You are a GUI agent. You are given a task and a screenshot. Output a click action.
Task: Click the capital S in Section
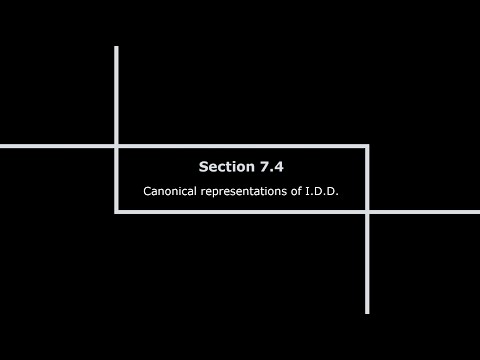pos(202,166)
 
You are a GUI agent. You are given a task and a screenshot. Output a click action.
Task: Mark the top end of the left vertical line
pos(117,48)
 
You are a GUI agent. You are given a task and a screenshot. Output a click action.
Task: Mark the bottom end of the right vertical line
pos(367,312)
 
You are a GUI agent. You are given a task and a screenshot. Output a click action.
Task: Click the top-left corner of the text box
pos(117,146)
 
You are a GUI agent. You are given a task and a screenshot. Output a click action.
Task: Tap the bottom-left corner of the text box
pos(117,211)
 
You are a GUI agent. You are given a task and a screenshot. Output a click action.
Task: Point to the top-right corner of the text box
pos(367,146)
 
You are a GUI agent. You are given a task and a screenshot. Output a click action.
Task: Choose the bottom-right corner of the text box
pos(367,211)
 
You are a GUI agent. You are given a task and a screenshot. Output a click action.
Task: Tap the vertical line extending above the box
pos(117,96)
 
